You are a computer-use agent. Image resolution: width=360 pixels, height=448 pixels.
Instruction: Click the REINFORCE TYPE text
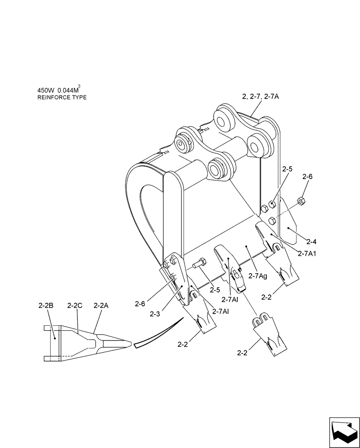62,97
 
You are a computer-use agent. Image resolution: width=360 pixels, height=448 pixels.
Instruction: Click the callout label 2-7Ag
257,276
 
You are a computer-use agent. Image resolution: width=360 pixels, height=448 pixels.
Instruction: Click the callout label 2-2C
75,306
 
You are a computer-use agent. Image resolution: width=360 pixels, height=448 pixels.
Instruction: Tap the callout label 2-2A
101,306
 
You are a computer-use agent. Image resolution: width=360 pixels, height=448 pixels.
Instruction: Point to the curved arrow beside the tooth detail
159,334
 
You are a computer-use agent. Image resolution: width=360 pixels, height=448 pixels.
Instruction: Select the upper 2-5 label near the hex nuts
287,169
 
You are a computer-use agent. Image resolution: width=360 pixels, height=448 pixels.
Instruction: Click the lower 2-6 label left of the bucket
140,303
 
